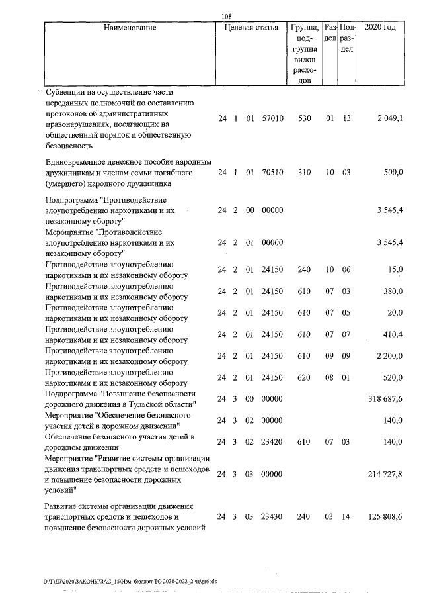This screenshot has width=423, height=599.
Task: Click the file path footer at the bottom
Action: click(x=126, y=581)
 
